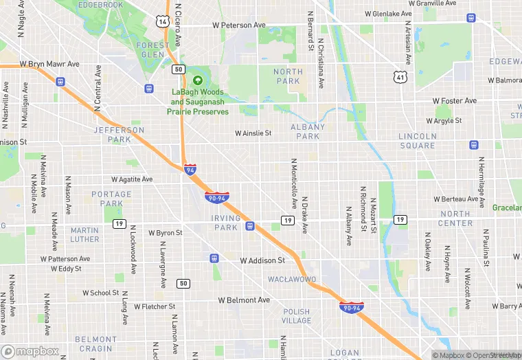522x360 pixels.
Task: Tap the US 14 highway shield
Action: pos(162,21)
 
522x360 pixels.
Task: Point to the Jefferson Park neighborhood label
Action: pos(120,134)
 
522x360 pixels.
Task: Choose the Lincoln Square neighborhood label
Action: pos(417,141)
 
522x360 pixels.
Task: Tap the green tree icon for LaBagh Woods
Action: pos(198,81)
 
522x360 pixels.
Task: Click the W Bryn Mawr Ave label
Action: pos(49,64)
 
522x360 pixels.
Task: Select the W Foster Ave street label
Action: pos(455,101)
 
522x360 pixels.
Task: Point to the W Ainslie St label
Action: pos(253,133)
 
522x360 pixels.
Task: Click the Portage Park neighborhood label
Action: pos(111,199)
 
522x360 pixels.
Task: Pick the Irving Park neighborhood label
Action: pos(226,223)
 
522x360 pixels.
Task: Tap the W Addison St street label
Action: pos(262,261)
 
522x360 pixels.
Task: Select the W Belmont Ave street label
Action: pos(244,300)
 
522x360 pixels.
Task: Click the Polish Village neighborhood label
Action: pos(297,316)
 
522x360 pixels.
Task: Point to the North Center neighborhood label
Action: pos(455,218)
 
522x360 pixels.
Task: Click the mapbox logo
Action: pos(31,351)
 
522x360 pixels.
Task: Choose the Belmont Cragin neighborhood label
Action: pos(95,344)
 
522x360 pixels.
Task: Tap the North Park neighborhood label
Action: pos(287,76)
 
